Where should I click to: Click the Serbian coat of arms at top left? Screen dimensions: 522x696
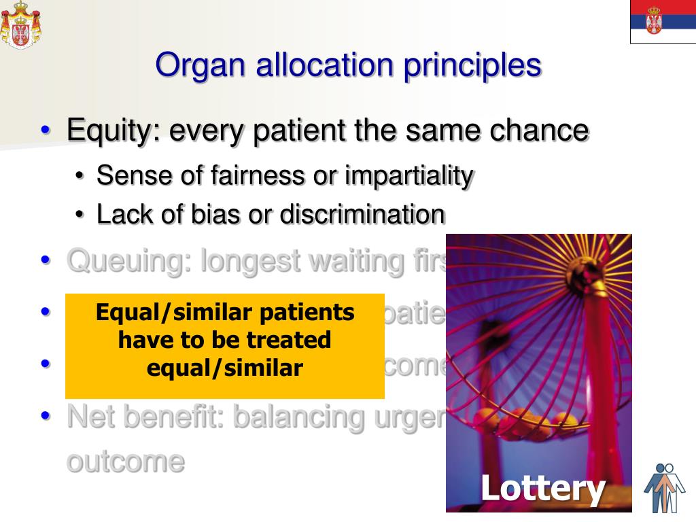20,24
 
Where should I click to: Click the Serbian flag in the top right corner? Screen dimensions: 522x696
663,22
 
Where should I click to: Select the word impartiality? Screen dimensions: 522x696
409,175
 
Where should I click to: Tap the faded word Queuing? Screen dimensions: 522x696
126,260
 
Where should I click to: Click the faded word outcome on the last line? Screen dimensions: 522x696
126,461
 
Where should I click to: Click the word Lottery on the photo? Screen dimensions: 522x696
542,488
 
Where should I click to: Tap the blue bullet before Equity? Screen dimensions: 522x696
46,130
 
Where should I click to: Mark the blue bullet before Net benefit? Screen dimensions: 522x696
46,415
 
